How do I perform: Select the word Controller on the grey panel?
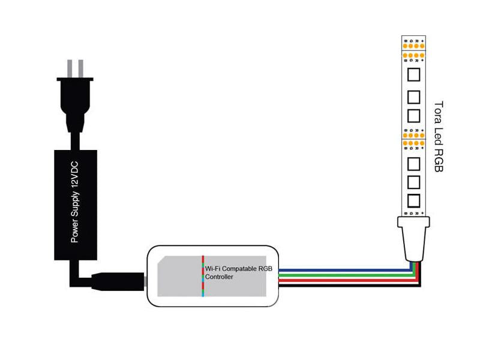coord(220,278)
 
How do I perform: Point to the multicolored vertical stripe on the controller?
coord(203,276)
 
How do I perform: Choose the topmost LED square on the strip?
coord(413,76)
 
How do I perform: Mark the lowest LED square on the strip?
coord(413,200)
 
